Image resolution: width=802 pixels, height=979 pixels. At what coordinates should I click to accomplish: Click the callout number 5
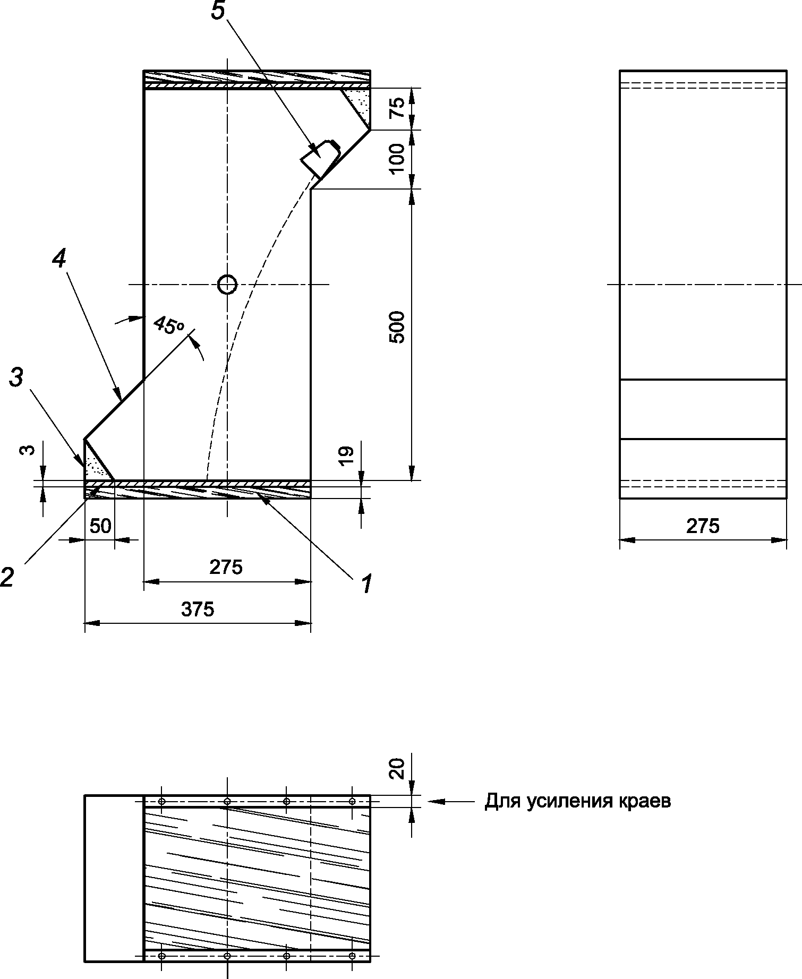(218, 11)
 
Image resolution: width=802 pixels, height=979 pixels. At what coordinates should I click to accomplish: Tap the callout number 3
(16, 377)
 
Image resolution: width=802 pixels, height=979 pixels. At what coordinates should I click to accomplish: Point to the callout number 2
(7, 577)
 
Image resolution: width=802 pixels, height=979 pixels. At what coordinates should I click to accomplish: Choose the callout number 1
(366, 584)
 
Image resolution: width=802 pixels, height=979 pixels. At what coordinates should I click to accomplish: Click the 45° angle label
(169, 325)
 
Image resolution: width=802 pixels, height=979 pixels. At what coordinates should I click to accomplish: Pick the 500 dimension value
(397, 327)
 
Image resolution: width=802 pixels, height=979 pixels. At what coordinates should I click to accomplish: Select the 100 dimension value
(397, 160)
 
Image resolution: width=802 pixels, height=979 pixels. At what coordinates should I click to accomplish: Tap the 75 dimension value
(397, 108)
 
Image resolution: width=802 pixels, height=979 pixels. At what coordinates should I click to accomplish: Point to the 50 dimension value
(100, 526)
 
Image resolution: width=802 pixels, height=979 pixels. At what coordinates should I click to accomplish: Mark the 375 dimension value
(198, 609)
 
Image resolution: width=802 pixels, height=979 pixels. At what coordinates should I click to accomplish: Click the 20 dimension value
(397, 768)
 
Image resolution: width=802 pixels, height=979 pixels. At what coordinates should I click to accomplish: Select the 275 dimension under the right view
(703, 526)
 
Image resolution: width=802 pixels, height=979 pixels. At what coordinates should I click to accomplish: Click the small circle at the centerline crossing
(227, 285)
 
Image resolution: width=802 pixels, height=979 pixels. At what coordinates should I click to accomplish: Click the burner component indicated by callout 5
(320, 158)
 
